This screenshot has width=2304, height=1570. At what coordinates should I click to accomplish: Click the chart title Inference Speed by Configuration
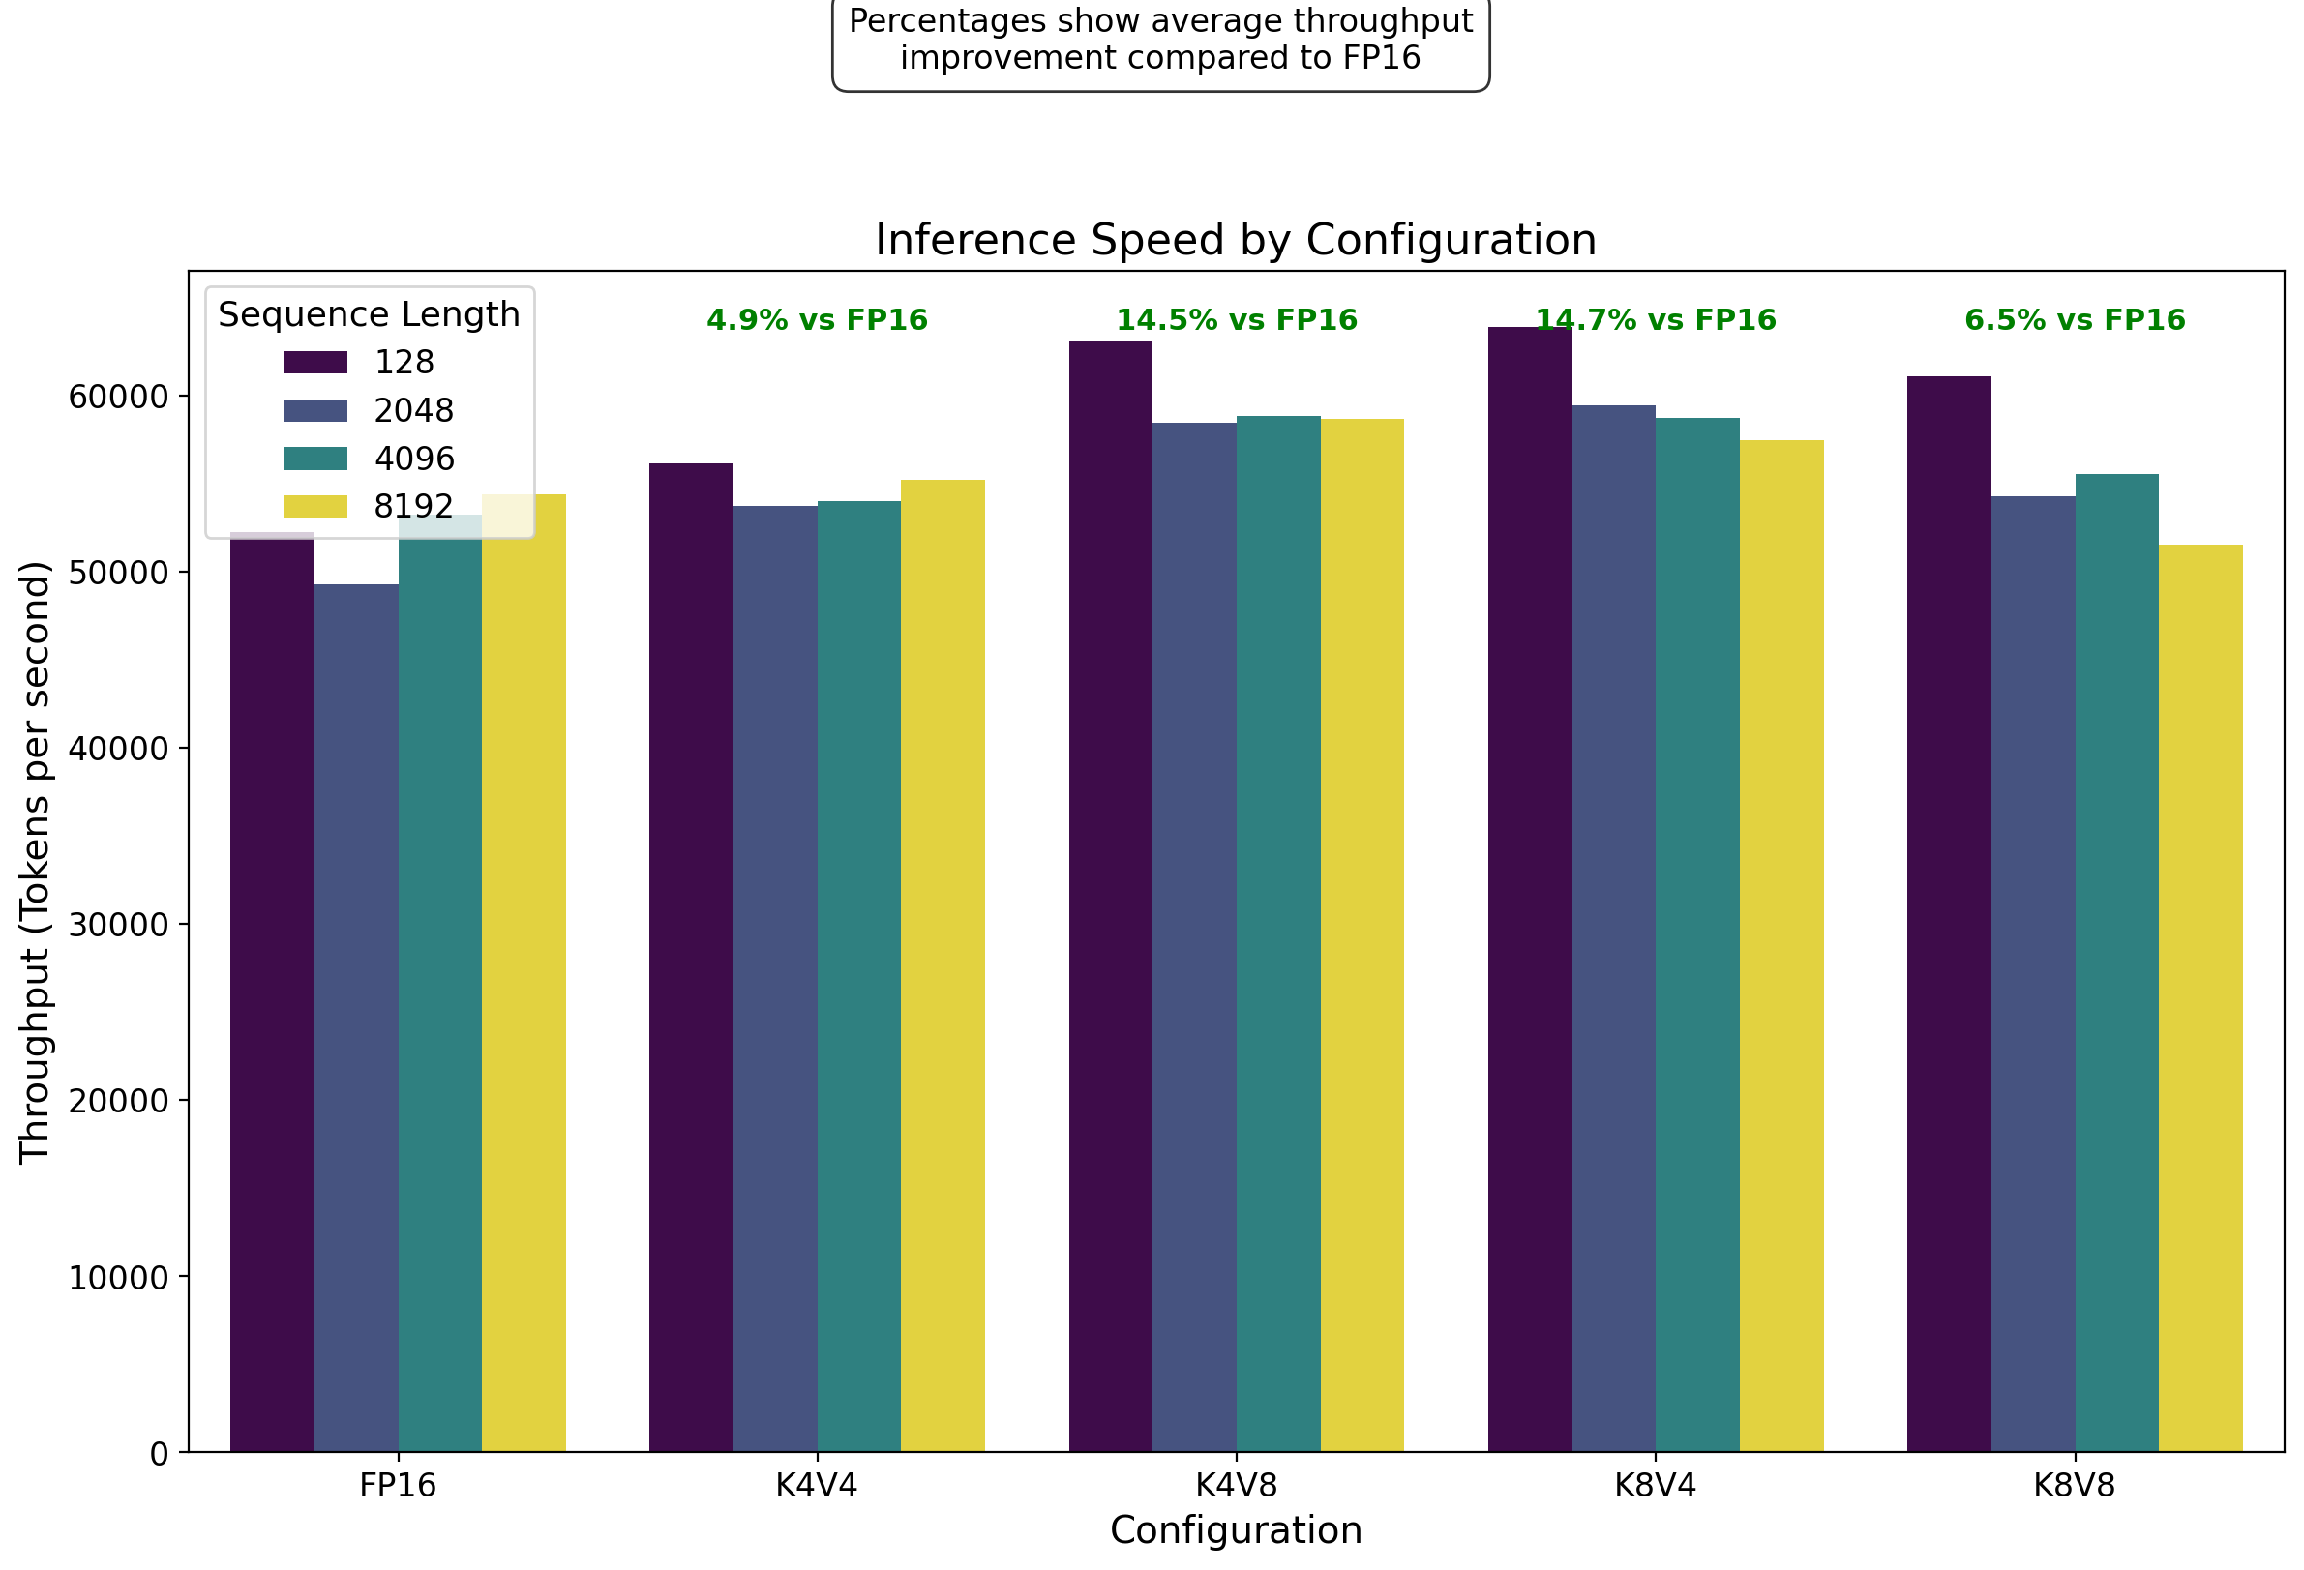point(1236,241)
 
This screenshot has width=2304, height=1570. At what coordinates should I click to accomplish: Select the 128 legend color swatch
point(315,362)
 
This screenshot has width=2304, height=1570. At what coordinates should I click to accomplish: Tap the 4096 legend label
point(413,459)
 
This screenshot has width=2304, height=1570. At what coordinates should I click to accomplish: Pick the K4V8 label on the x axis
point(1237,1486)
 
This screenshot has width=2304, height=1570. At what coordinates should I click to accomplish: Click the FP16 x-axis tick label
point(398,1486)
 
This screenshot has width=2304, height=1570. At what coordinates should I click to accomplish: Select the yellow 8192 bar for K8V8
point(2200,998)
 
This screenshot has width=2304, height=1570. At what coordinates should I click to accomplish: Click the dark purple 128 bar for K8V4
point(1530,889)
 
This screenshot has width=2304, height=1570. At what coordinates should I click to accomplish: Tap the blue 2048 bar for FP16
point(356,1018)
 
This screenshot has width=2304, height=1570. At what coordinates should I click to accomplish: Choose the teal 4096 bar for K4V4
point(858,976)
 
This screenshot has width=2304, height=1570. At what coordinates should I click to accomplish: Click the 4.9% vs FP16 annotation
point(817,320)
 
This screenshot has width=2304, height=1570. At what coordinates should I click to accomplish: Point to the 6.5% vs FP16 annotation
point(2075,320)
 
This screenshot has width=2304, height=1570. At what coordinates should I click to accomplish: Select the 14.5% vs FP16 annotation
point(1237,320)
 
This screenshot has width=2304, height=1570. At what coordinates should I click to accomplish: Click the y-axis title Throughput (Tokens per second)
point(35,861)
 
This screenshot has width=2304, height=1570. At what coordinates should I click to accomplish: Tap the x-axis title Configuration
point(1237,1530)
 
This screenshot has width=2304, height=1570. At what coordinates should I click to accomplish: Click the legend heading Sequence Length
point(369,314)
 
